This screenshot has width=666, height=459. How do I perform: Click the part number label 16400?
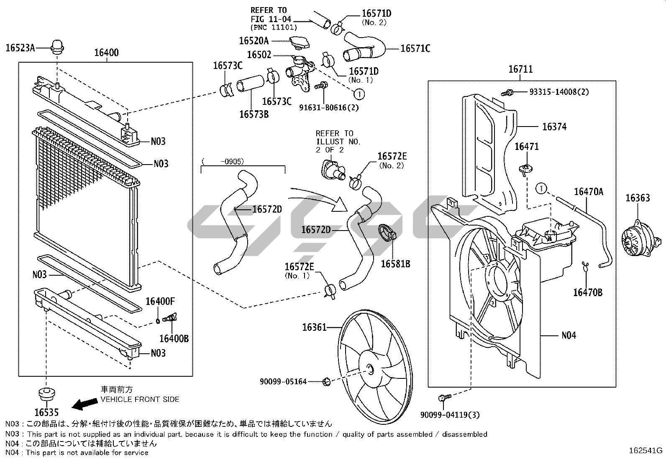point(106,53)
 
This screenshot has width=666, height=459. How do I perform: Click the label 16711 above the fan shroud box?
point(520,69)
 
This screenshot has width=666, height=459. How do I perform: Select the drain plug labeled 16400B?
point(170,319)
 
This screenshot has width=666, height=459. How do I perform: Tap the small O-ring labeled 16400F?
point(157,321)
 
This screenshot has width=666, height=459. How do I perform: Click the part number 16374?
point(554,127)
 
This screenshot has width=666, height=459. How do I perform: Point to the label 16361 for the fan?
point(315,328)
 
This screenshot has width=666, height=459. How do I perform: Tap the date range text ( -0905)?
point(223,161)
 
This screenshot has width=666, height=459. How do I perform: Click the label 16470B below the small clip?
point(587,292)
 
